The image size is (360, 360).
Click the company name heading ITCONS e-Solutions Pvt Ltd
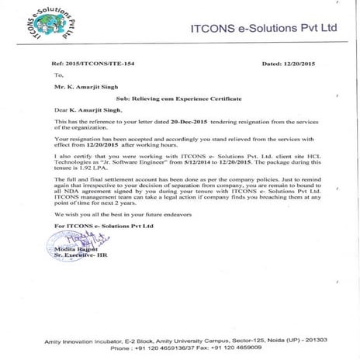pyautogui.click(x=264, y=27)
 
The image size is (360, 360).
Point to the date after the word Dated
pyautogui.click(x=298, y=64)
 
